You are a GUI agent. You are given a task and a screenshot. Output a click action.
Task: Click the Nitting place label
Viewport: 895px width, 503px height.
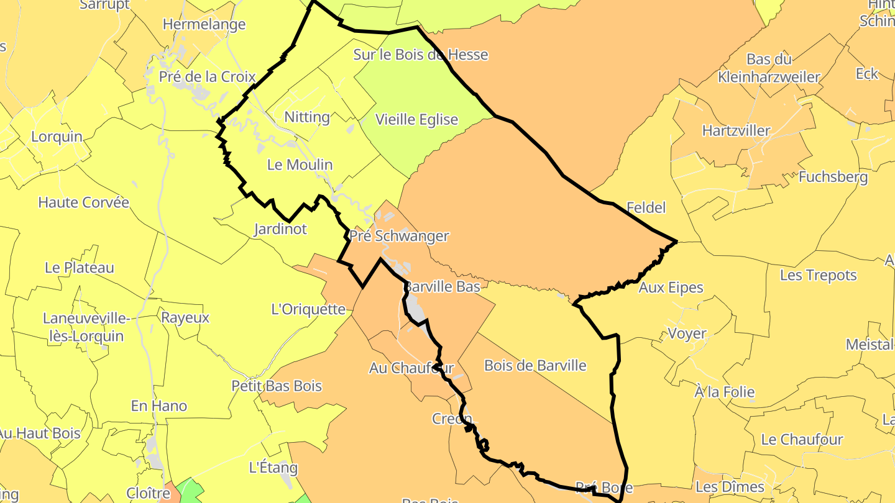coord(307,117)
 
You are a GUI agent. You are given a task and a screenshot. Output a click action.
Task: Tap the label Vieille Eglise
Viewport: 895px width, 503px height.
coord(417,120)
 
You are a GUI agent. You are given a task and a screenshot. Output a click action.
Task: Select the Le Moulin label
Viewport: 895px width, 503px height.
coord(300,165)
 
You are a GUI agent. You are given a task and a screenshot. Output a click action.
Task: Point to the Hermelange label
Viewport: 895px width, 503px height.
coord(204,25)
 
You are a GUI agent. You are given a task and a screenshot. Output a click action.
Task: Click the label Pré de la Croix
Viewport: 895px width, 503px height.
coord(208,77)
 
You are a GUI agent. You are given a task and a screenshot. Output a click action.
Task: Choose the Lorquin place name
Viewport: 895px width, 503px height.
coord(57,137)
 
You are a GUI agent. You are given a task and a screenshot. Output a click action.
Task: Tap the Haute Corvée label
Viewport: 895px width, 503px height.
coord(84,202)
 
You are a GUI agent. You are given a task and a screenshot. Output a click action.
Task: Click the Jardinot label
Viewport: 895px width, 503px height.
coord(280,229)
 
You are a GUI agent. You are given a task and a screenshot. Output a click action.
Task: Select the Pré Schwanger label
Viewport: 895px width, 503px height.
coord(399,236)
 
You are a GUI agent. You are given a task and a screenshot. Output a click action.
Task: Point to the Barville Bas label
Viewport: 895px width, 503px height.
coord(443,287)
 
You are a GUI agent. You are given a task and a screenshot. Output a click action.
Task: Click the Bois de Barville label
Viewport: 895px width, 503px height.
coord(535,365)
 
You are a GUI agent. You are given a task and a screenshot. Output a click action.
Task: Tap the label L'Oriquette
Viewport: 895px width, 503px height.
coord(308,309)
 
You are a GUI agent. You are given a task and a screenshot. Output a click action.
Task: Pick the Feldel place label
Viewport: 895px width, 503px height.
coord(646,207)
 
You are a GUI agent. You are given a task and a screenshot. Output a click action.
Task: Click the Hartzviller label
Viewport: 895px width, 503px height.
coord(737,131)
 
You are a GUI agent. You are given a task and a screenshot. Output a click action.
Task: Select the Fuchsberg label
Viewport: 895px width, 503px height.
coord(833,177)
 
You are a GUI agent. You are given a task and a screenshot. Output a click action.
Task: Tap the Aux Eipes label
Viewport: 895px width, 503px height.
coord(671,288)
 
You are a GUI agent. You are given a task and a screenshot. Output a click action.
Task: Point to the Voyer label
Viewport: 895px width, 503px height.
coord(687,333)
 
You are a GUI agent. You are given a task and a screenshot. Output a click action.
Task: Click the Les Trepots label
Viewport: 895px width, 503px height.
coord(819,275)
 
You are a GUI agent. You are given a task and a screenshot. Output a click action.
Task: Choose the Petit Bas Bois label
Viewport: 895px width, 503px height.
coord(277,386)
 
